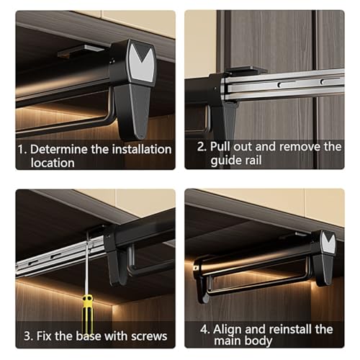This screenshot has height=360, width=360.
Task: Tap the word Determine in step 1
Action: tap(59, 149)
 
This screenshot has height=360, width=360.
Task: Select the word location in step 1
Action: tap(53, 163)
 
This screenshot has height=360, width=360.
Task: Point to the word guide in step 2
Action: tap(224, 161)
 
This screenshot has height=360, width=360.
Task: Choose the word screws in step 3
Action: tap(149, 336)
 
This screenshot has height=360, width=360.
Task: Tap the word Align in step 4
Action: tap(228, 330)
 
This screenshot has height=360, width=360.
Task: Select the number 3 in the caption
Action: tap(27, 336)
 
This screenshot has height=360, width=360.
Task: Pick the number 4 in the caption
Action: tap(204, 329)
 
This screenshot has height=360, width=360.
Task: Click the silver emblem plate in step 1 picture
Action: tap(141, 63)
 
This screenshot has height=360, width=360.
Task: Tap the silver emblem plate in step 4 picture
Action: tap(328, 243)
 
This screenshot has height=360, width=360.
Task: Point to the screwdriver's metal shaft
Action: tap(86, 264)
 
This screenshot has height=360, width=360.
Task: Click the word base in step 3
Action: tap(89, 336)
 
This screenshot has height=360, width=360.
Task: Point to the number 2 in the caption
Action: tap(201, 146)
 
